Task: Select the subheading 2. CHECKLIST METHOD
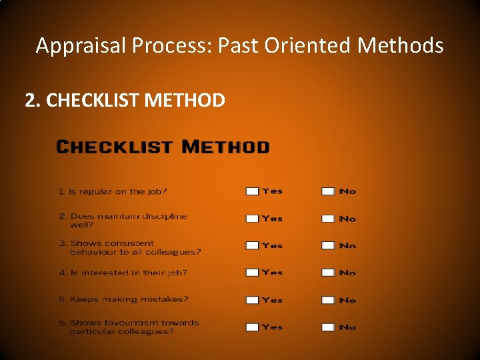tap(125, 101)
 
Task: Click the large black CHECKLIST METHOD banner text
tap(163, 147)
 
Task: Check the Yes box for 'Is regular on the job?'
tap(252, 191)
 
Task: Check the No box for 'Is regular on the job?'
tap(328, 191)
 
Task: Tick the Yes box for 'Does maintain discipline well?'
tap(252, 219)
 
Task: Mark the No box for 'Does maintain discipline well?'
tap(328, 219)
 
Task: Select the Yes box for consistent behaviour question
tap(252, 245)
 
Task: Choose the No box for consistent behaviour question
tap(328, 245)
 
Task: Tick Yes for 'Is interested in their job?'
tap(252, 273)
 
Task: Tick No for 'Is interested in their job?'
tap(328, 273)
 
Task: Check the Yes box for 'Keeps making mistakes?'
tap(252, 300)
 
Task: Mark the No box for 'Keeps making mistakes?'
tap(328, 300)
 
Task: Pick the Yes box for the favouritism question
tap(252, 327)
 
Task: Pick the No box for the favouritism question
tap(328, 327)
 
